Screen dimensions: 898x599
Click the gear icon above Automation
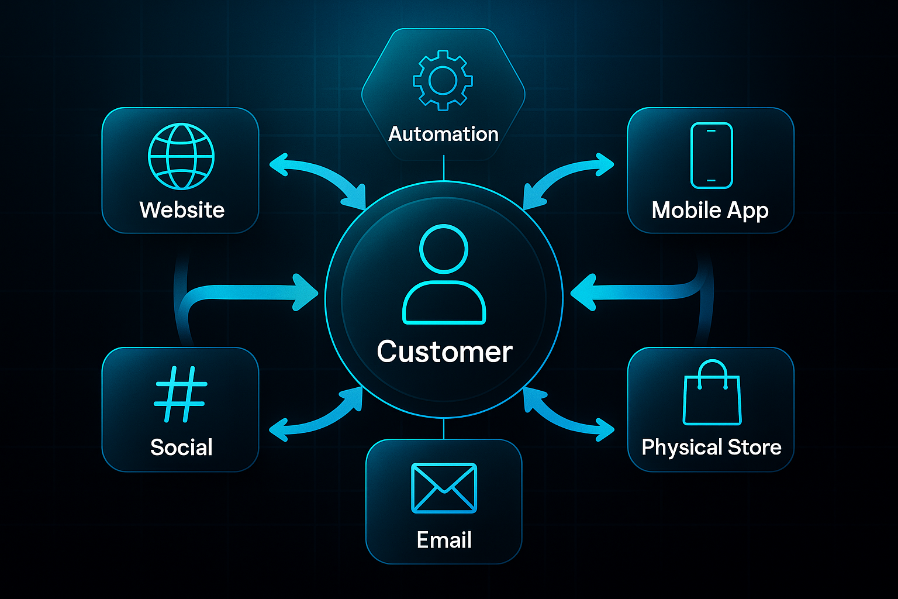click(443, 80)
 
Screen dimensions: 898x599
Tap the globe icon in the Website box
click(181, 156)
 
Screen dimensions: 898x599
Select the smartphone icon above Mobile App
click(712, 156)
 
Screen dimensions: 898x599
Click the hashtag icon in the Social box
click(181, 394)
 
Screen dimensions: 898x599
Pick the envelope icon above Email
click(444, 488)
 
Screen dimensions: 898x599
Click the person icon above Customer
click(444, 274)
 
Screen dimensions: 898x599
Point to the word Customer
click(444, 352)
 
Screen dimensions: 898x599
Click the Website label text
click(182, 210)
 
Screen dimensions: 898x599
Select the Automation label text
click(443, 134)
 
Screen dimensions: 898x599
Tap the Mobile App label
click(710, 211)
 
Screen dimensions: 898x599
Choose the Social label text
click(181, 447)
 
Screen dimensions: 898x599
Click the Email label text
click(444, 539)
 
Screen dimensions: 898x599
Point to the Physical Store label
click(712, 447)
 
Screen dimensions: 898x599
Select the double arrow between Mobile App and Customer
click(564, 175)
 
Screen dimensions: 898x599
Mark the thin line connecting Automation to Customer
click(444, 168)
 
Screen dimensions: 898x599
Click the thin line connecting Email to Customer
click(444, 429)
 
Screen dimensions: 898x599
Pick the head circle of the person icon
click(444, 249)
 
